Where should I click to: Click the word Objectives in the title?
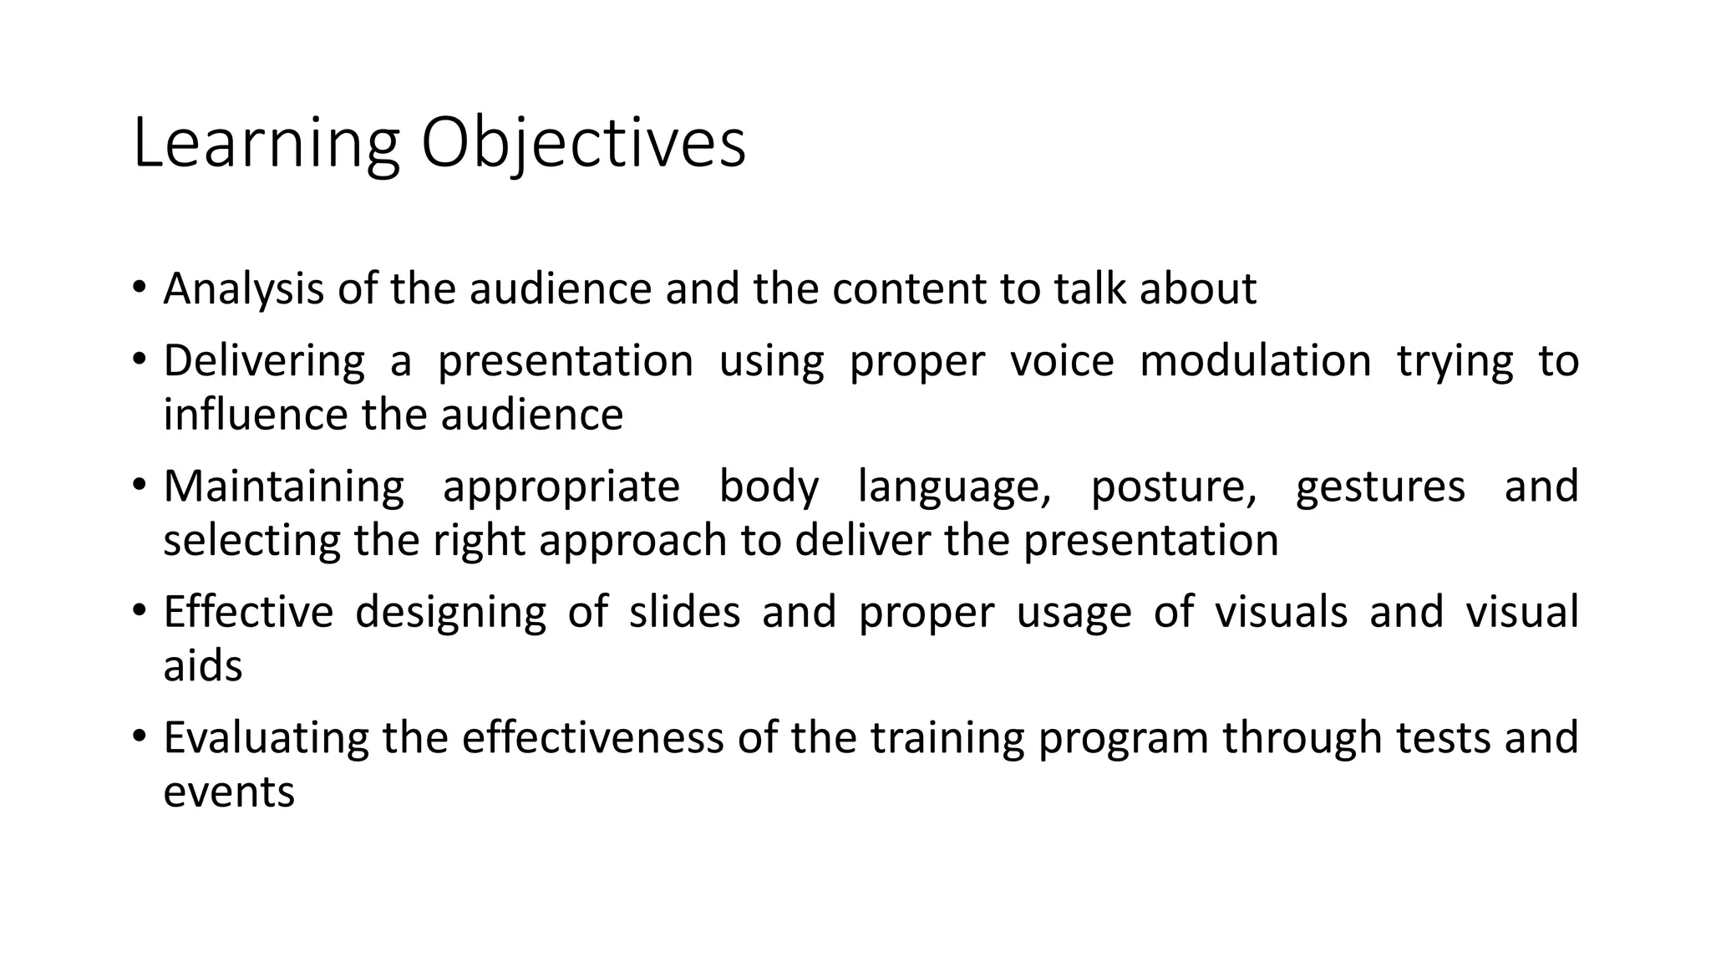(x=582, y=145)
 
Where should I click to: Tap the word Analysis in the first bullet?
(x=243, y=289)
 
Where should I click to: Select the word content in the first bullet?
(x=909, y=289)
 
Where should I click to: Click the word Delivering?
(x=264, y=361)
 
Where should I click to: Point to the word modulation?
(x=1255, y=361)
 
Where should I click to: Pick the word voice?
(x=1062, y=361)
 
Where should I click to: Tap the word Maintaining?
(x=283, y=487)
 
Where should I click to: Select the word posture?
(x=1173, y=487)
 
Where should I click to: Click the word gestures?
(x=1380, y=487)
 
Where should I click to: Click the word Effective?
(x=248, y=612)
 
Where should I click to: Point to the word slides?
(x=684, y=612)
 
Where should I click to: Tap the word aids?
(x=202, y=666)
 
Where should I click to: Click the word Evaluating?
(x=266, y=738)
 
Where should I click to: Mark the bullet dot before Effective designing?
(x=139, y=610)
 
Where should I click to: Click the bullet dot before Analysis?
(x=139, y=288)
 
